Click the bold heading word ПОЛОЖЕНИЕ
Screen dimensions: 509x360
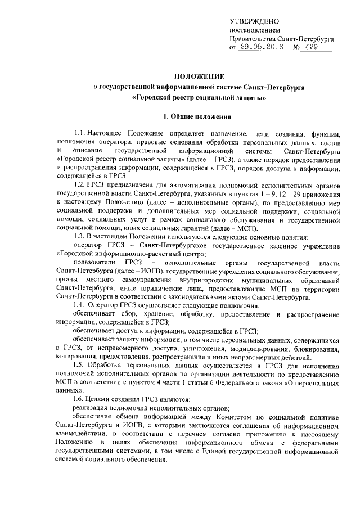point(199,76)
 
